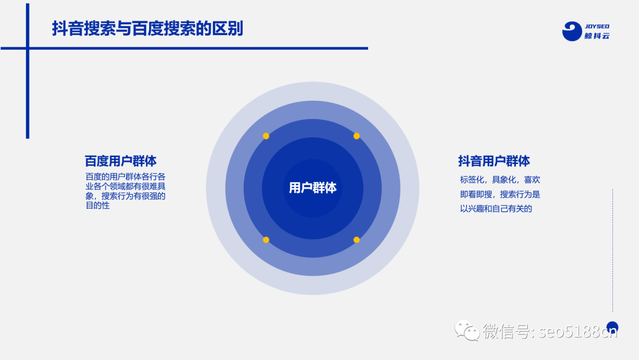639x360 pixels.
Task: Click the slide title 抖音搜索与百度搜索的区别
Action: [x=147, y=28]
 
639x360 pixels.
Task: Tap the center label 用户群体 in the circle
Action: [x=312, y=188]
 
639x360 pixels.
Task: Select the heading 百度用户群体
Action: [x=120, y=161]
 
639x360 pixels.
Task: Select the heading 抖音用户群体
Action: [x=493, y=161]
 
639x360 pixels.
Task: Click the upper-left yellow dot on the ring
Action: [x=266, y=136]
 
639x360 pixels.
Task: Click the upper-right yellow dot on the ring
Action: [x=356, y=136]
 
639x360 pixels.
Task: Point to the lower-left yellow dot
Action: [x=266, y=240]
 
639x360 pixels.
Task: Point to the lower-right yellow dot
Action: [x=356, y=240]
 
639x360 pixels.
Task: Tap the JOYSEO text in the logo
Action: [x=597, y=27]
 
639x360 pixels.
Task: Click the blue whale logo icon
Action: [x=572, y=31]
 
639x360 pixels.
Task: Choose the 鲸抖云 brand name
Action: [x=597, y=36]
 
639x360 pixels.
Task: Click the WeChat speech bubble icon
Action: [x=467, y=330]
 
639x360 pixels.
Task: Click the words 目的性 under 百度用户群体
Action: [x=98, y=206]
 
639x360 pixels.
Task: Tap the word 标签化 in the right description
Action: [x=472, y=179]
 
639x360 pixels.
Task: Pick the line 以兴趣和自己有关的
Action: [x=496, y=208]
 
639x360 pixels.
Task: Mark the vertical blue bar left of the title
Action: [x=27, y=71]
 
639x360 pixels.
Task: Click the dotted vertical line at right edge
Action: [x=612, y=249]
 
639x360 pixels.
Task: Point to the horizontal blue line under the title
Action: [x=195, y=49]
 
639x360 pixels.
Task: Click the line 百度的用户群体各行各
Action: [x=125, y=176]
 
